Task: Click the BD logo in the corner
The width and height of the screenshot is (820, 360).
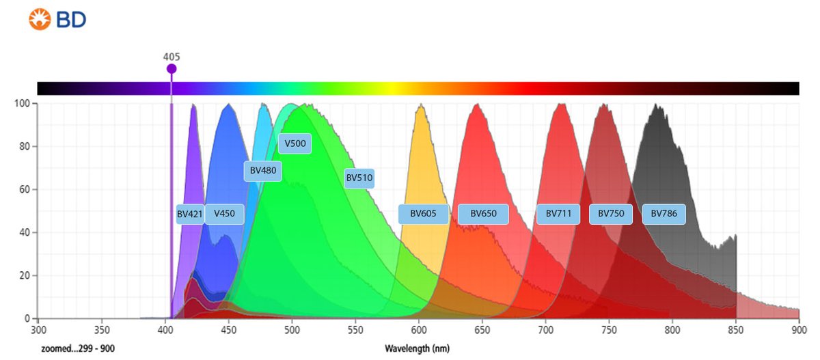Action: [x=57, y=20]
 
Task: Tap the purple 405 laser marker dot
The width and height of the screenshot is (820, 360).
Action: [x=172, y=69]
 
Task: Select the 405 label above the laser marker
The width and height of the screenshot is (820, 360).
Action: [x=172, y=57]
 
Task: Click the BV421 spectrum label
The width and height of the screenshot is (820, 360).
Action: [x=190, y=214]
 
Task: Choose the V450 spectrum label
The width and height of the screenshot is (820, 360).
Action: [x=224, y=214]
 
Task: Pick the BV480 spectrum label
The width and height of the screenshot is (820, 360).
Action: [x=262, y=171]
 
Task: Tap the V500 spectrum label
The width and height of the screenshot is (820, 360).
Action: [x=295, y=143]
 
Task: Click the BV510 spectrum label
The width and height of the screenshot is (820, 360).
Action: [x=359, y=178]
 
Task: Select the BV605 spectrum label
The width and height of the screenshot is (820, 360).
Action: [x=423, y=214]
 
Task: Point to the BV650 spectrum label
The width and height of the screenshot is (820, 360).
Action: [x=483, y=214]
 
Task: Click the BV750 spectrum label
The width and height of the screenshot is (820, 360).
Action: [x=611, y=214]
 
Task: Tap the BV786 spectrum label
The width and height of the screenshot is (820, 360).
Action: [x=664, y=214]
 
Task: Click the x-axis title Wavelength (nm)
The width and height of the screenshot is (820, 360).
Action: [x=418, y=348]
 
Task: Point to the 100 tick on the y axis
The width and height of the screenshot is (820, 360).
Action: [x=23, y=103]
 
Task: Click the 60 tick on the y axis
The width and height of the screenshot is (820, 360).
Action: [x=26, y=189]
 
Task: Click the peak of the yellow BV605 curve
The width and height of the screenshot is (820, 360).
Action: [x=422, y=105]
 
